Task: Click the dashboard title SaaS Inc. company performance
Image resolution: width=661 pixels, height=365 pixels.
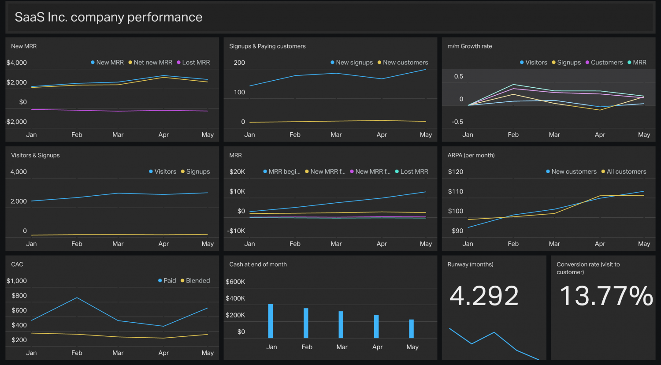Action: point(108,17)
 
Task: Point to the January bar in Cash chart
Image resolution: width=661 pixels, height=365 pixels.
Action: point(271,321)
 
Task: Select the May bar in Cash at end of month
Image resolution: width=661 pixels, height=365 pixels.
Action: point(412,329)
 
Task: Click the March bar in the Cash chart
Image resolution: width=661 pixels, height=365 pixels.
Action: point(341,324)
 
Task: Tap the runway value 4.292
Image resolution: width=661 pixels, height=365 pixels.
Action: point(484,296)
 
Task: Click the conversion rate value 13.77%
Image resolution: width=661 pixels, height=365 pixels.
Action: point(606,296)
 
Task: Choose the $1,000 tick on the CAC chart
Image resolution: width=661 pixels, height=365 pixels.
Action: point(17,281)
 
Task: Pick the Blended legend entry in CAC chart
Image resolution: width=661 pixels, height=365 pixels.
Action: point(197,281)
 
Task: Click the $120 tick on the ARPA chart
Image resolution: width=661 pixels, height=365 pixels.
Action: point(456,171)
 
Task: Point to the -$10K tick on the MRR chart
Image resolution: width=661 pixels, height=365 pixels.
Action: point(236,231)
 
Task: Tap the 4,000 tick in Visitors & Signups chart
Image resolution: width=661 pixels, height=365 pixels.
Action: point(19,171)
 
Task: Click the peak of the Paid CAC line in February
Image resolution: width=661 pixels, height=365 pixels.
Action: point(77,298)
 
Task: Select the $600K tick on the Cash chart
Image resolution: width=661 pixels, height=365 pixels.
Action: point(235,282)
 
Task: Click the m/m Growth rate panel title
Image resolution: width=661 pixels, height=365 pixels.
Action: point(470,46)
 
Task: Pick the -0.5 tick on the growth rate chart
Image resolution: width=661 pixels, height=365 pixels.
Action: point(457,122)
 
